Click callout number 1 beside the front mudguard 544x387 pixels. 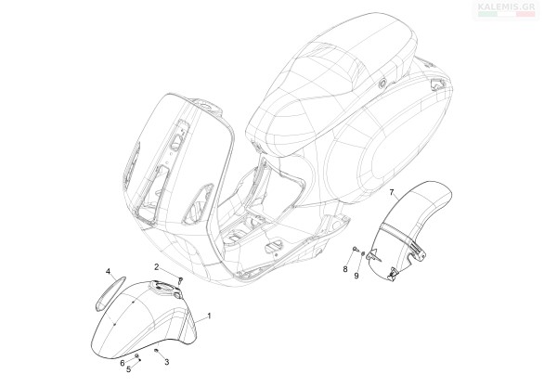click(x=209, y=316)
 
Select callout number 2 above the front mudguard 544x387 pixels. click(x=157, y=267)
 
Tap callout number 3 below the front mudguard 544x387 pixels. click(x=167, y=362)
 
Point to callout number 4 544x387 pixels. click(x=108, y=271)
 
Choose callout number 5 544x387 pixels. click(x=129, y=369)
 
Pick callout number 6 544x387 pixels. click(x=123, y=363)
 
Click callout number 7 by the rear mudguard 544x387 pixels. click(x=392, y=192)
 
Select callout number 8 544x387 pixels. click(x=345, y=269)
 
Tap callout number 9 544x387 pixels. click(x=356, y=276)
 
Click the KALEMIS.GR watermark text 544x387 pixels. click(x=506, y=6)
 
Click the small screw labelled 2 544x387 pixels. click(x=180, y=279)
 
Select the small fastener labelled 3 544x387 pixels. click(x=157, y=351)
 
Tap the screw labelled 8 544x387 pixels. click(x=355, y=249)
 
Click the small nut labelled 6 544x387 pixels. click(x=136, y=355)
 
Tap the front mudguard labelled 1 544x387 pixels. click(x=146, y=319)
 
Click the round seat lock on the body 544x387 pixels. click(x=382, y=84)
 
